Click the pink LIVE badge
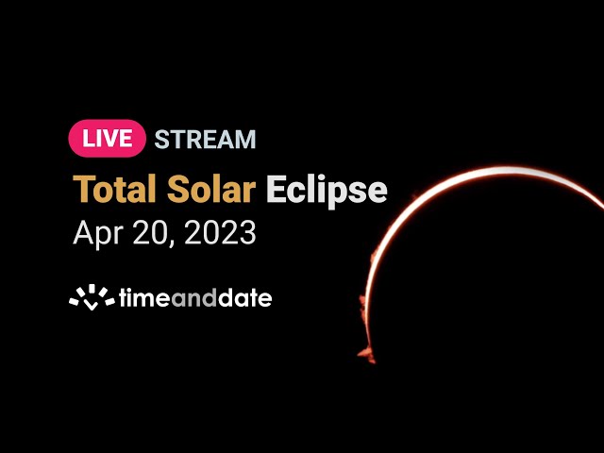coord(107,139)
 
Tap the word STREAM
coord(205,139)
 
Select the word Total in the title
coord(114,189)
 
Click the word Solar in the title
coord(211,189)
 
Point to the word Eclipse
coord(327,192)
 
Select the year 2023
coord(220,233)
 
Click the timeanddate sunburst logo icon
coord(92,297)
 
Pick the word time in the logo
coord(144,298)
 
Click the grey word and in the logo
coord(193,298)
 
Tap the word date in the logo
coord(244,298)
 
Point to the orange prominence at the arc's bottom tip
coord(366,355)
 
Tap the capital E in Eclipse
coord(276,189)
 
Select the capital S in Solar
coord(177,189)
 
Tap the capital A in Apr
coord(83,232)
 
